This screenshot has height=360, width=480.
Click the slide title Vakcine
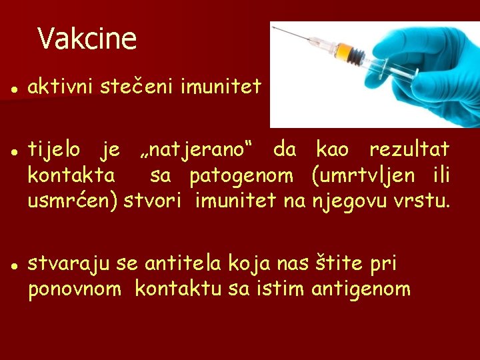pyautogui.click(x=87, y=39)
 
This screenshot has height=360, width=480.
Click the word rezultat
pyautogui.click(x=409, y=149)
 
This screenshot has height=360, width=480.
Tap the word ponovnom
pyautogui.click(x=75, y=289)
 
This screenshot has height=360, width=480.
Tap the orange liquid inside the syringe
pyautogui.click(x=344, y=51)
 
